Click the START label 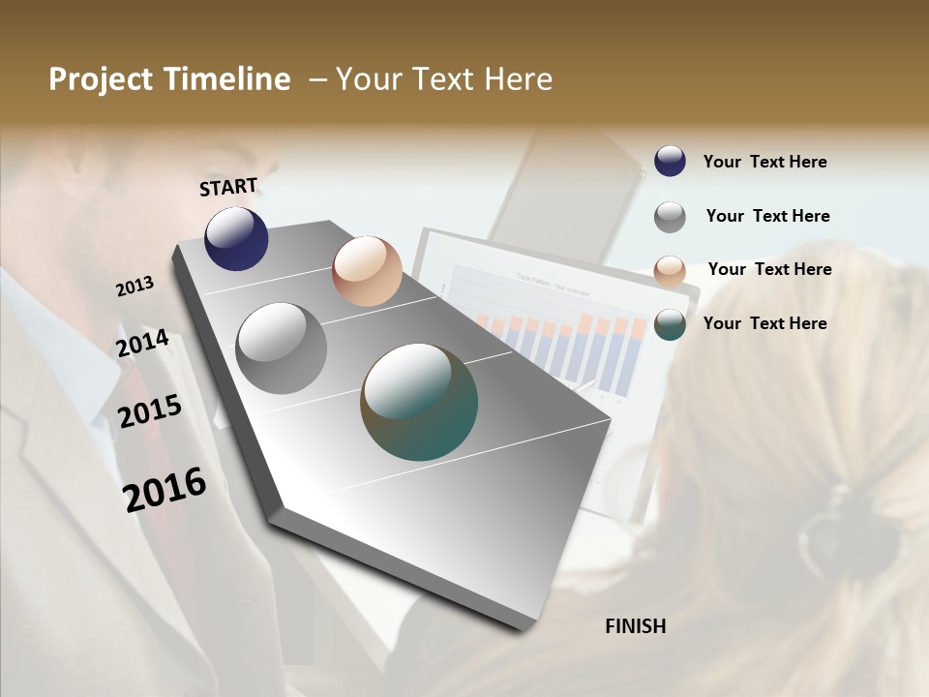click(228, 187)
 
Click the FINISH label click(636, 626)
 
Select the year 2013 click(135, 287)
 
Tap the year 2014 click(143, 344)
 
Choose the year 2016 click(165, 489)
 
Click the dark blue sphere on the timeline click(236, 238)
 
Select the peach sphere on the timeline click(367, 271)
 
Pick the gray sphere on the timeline click(281, 348)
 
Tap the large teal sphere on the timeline click(419, 402)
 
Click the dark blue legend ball click(670, 162)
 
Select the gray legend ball click(670, 217)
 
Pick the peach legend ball click(670, 271)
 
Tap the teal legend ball click(670, 324)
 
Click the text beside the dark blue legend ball click(764, 162)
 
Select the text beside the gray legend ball click(767, 216)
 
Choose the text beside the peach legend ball click(769, 269)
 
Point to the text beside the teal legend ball click(764, 323)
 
